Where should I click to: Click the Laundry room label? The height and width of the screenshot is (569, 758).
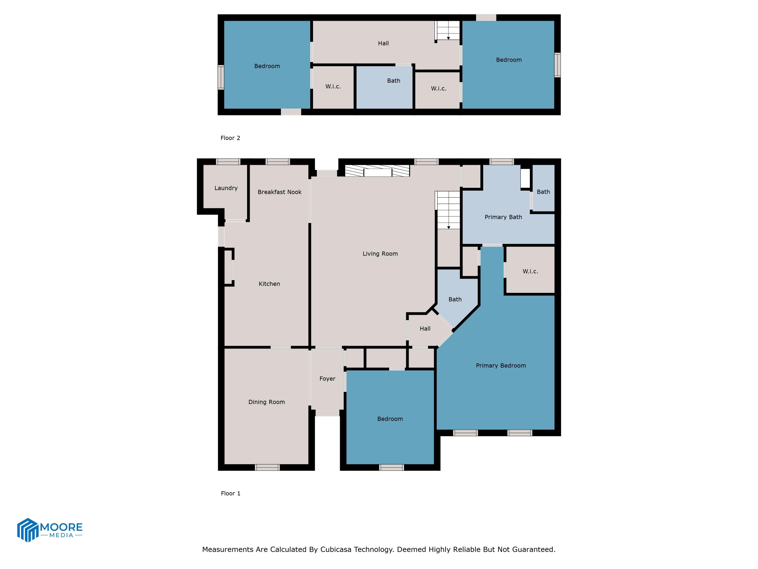point(226,188)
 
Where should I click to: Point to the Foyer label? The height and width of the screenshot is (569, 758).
point(327,379)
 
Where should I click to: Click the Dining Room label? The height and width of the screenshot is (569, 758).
point(267,402)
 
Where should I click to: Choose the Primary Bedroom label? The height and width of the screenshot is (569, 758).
point(501,366)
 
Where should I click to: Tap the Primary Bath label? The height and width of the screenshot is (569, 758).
point(503,217)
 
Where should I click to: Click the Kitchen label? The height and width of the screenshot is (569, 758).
point(269,284)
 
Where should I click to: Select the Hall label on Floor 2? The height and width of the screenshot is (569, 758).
point(383,43)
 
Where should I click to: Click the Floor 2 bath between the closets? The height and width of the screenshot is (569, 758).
point(393,81)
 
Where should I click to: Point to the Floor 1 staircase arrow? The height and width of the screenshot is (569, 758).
point(448,227)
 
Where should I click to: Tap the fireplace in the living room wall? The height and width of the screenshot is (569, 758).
point(377,171)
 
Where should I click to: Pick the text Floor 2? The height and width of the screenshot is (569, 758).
point(230,138)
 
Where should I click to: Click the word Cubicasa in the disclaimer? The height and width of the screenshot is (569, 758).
point(336,550)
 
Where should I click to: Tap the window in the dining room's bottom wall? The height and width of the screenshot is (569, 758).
point(267,467)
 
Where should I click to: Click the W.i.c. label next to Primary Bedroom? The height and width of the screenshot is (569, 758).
point(530,271)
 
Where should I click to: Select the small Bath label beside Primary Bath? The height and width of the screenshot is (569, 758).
point(543,192)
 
